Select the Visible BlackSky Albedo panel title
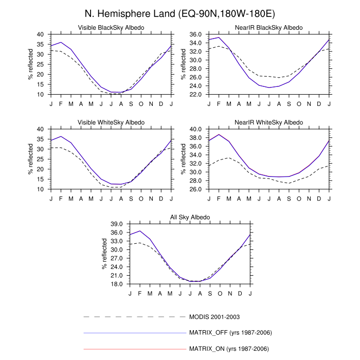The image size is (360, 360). click(x=111, y=27)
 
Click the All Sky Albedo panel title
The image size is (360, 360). click(x=190, y=217)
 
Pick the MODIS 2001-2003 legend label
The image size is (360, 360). click(x=215, y=316)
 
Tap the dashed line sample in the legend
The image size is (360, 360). click(x=134, y=316)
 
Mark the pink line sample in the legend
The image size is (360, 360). click(x=134, y=349)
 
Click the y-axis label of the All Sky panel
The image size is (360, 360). click(x=104, y=254)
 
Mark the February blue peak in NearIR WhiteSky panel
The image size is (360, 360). click(x=219, y=135)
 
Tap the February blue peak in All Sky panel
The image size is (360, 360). click(x=140, y=231)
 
